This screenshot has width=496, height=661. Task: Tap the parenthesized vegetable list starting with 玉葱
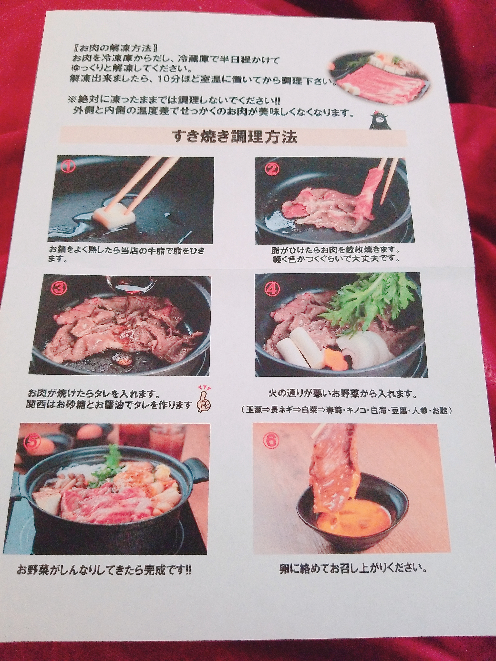(347, 411)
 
